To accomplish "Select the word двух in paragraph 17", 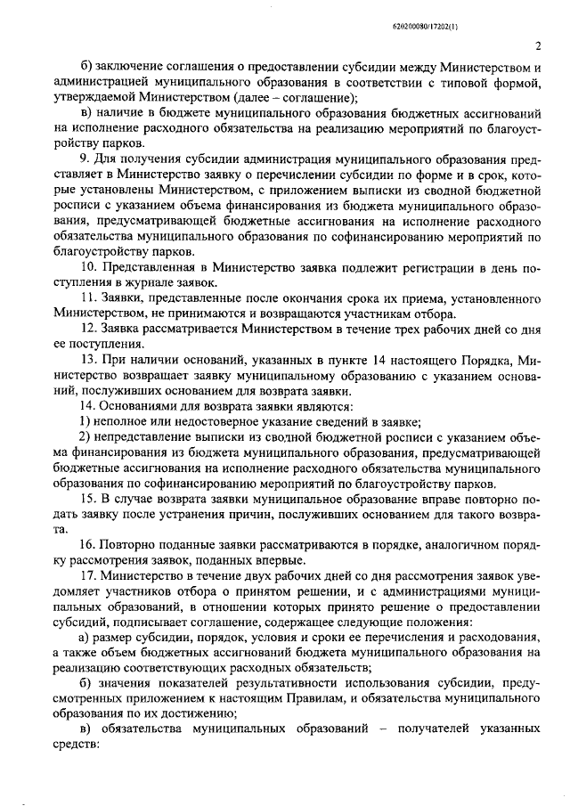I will [x=237, y=575].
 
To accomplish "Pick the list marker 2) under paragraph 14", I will [x=83, y=436].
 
